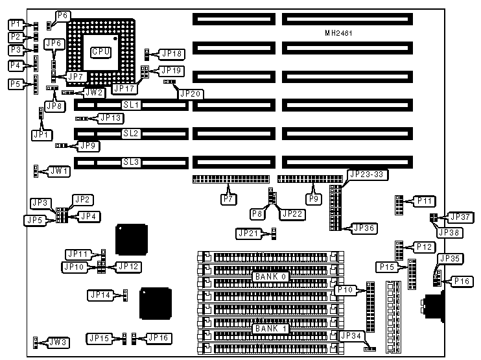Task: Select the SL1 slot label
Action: click(x=132, y=104)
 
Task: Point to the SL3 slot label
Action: click(x=132, y=162)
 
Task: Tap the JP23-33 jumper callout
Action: click(x=367, y=174)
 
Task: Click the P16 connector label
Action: click(x=462, y=281)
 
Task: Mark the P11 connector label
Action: click(x=425, y=202)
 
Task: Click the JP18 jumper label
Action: click(x=171, y=54)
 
